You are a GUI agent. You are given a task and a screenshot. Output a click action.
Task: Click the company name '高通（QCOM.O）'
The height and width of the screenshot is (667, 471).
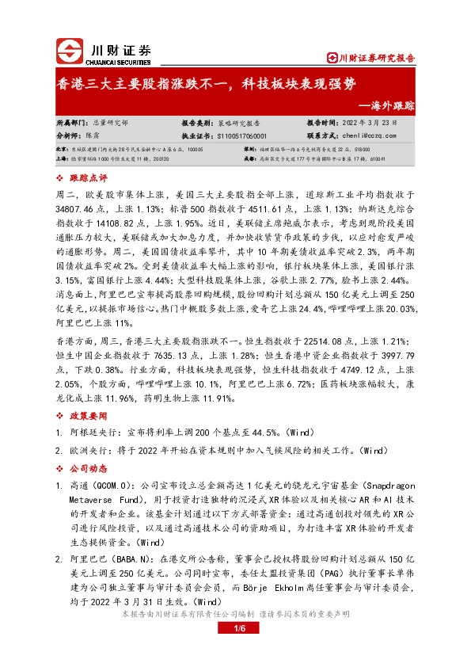pyautogui.click(x=101, y=485)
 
